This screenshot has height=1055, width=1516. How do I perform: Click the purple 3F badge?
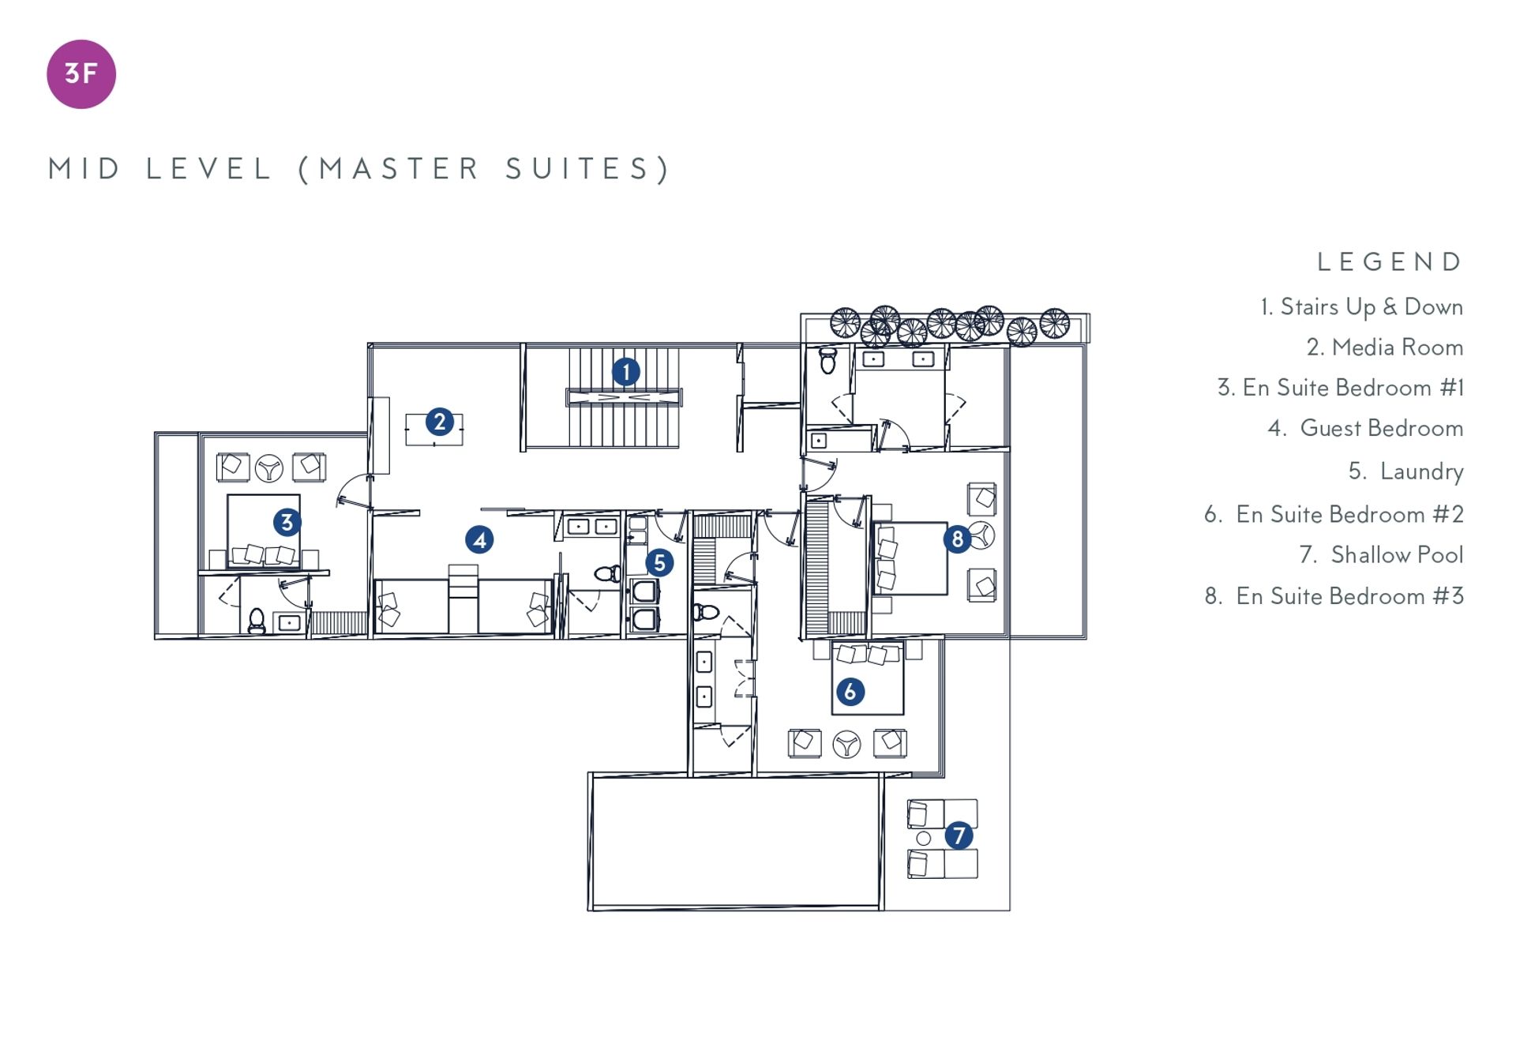pyautogui.click(x=81, y=74)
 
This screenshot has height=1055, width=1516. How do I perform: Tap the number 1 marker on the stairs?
pyautogui.click(x=626, y=371)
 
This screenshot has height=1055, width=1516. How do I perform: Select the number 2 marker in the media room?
pyautogui.click(x=440, y=422)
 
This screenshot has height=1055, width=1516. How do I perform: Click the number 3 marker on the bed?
pyautogui.click(x=287, y=522)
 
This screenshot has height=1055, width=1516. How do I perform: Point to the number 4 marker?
pyautogui.click(x=479, y=540)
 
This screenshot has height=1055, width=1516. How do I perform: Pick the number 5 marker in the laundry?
pyautogui.click(x=659, y=563)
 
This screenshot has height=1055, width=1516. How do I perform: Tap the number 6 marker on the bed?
pyautogui.click(x=850, y=692)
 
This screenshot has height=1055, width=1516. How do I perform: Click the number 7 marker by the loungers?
pyautogui.click(x=959, y=835)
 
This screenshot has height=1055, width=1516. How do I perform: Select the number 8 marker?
pyautogui.click(x=957, y=539)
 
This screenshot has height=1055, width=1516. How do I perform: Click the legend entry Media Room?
pyautogui.click(x=1385, y=347)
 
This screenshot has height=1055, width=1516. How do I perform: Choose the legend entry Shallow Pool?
pyautogui.click(x=1382, y=555)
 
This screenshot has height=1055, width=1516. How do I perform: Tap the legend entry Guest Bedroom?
pyautogui.click(x=1366, y=428)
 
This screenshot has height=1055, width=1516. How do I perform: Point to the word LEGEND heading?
pyautogui.click(x=1390, y=262)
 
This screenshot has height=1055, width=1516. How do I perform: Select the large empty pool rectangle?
pyautogui.click(x=735, y=842)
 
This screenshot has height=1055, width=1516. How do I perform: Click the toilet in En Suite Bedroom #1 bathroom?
pyautogui.click(x=257, y=621)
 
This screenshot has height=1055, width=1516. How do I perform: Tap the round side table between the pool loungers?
pyautogui.click(x=923, y=839)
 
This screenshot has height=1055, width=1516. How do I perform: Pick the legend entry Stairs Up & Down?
pyautogui.click(x=1362, y=306)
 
